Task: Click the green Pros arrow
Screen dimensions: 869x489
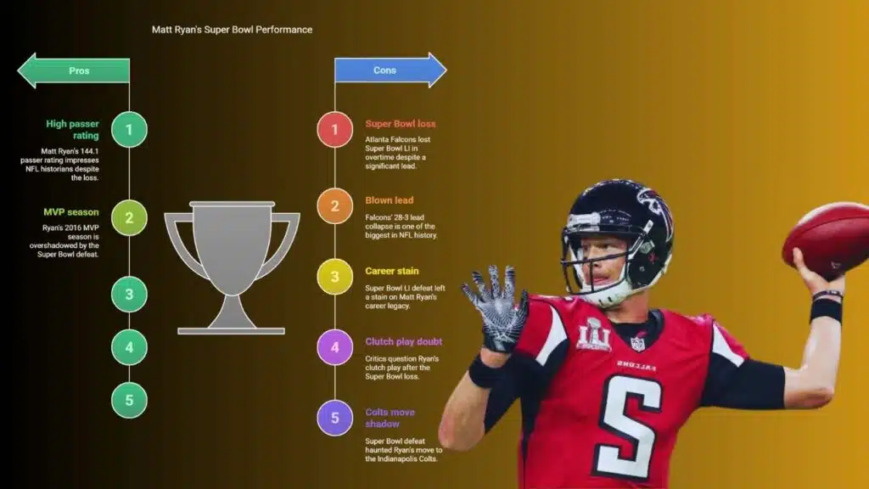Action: click(74, 70)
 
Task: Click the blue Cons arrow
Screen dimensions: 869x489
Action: click(390, 70)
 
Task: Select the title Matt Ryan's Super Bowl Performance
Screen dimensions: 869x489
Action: click(232, 30)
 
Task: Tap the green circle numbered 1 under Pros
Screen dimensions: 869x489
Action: click(129, 129)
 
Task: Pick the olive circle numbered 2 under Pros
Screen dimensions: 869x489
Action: click(129, 217)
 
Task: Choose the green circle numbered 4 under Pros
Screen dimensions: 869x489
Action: click(129, 347)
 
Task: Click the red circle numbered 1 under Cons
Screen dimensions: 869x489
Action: click(334, 129)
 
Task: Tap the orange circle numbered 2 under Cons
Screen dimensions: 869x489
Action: click(334, 205)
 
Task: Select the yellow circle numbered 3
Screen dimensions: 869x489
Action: click(334, 276)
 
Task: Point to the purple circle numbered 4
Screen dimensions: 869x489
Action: click(334, 347)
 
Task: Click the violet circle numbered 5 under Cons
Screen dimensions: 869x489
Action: click(334, 418)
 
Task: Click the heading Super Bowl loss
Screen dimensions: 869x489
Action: click(401, 124)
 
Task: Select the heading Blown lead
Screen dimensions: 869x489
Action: click(389, 200)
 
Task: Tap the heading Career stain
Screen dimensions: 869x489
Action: click(392, 271)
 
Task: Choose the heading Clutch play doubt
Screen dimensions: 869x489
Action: click(403, 341)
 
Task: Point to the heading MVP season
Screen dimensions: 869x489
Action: click(71, 211)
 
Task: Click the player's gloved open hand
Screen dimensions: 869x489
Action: click(495, 307)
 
